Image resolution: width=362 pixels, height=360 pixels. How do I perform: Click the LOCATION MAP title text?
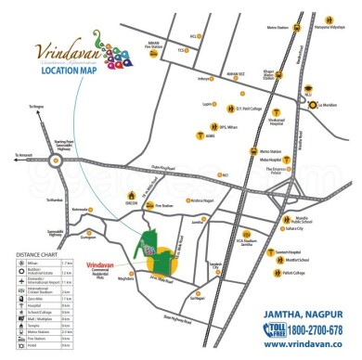tap(45, 67)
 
